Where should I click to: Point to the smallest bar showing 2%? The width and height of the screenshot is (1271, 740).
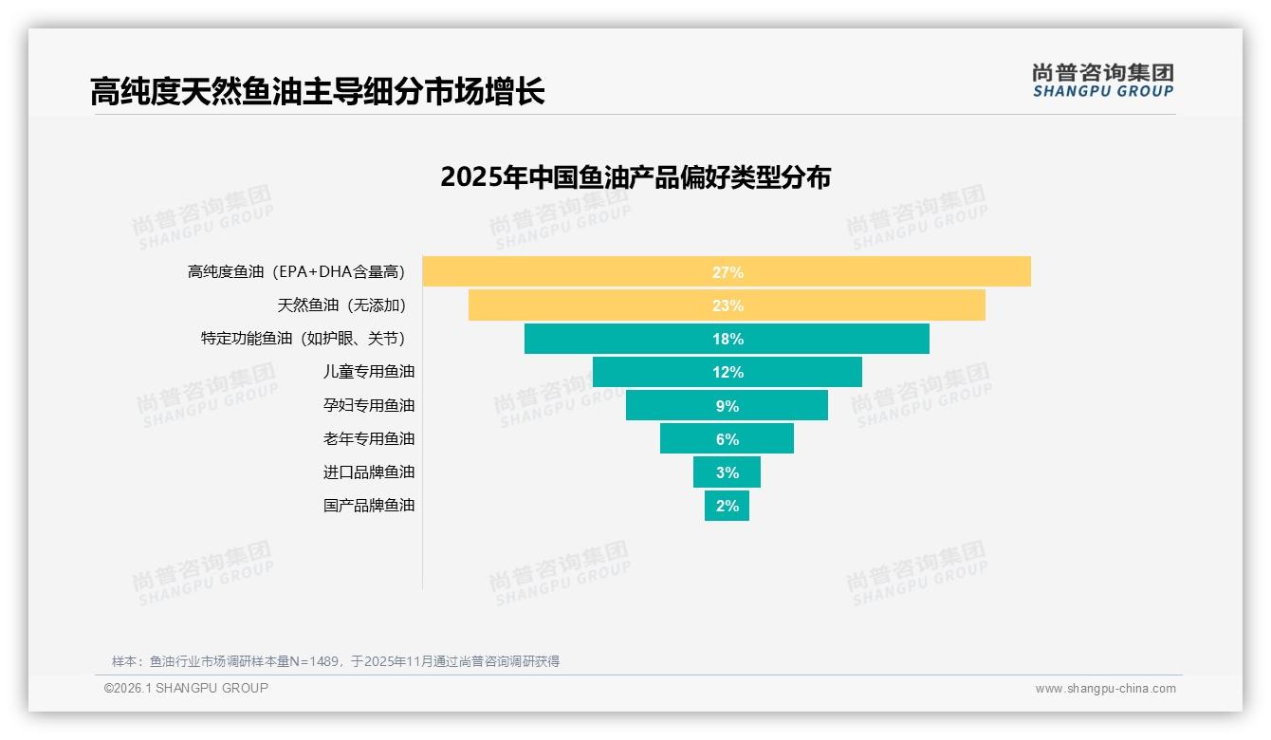click(x=727, y=506)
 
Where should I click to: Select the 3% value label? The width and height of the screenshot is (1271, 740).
click(x=727, y=472)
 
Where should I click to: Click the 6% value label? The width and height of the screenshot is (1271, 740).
click(x=727, y=439)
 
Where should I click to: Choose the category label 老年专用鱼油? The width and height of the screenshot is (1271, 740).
click(x=369, y=438)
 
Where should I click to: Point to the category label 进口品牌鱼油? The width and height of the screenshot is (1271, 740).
click(x=369, y=472)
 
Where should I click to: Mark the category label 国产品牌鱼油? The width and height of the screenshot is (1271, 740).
click(x=369, y=505)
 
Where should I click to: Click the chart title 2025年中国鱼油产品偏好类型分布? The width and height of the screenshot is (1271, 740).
click(x=635, y=177)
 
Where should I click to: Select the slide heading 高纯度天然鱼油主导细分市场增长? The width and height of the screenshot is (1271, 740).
click(x=317, y=92)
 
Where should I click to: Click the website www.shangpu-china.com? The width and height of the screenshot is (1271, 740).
click(x=1105, y=689)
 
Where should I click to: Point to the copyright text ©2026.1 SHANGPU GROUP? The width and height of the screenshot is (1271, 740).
click(x=186, y=688)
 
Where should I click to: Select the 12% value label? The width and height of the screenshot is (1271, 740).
click(x=727, y=372)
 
